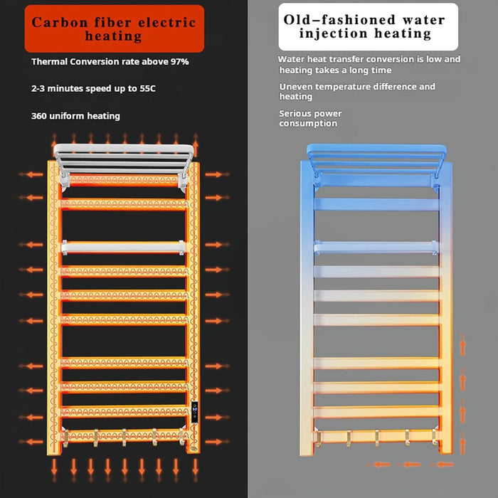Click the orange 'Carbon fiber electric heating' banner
tap(115, 28)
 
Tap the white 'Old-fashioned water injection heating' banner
tap(368, 27)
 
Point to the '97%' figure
tap(180, 62)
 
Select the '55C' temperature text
tap(148, 88)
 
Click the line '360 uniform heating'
tap(75, 116)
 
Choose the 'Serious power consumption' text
tap(310, 119)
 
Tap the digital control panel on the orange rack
tap(194, 412)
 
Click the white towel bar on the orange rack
tap(123, 247)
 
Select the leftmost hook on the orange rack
tap(65, 438)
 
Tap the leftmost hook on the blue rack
tap(318, 439)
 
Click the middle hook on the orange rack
tap(124, 437)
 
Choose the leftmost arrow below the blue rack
tap(379, 465)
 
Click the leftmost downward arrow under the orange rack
tap(54, 470)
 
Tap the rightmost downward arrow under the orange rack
tap(196, 470)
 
